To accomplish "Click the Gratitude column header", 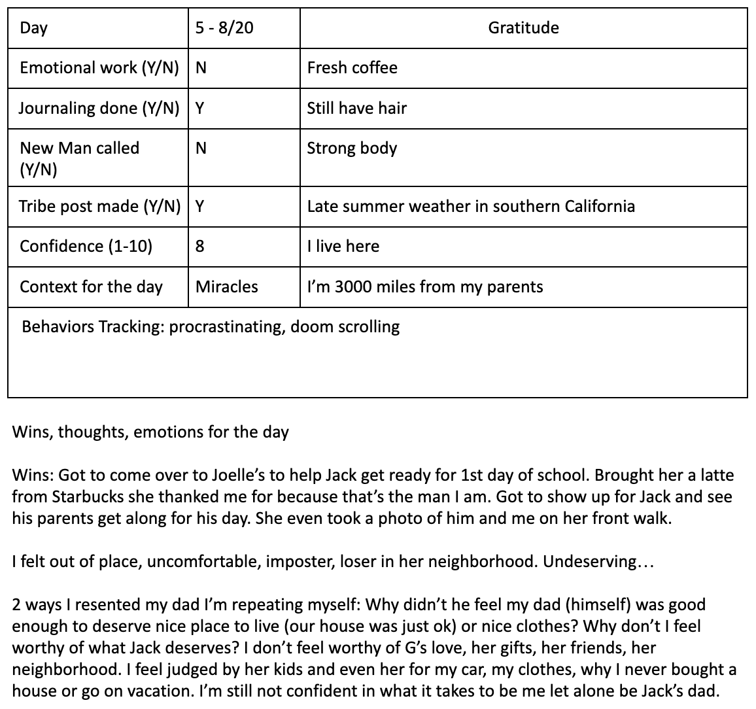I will pos(523,27).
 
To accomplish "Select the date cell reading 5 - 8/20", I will pos(224,27).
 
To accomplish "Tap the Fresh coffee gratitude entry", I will pos(352,67).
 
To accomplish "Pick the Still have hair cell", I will pos(356,108).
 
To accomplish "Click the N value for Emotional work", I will pos(201,67).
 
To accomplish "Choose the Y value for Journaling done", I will pos(200,108).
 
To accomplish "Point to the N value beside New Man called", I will pos(201,148).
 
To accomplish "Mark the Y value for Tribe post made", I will pos(200,206).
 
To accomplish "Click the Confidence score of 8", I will pos(199,247).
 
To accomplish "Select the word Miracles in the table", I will pos(226,286).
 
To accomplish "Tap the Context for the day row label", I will pos(91,286).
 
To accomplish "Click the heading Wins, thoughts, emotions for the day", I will pos(150,432).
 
